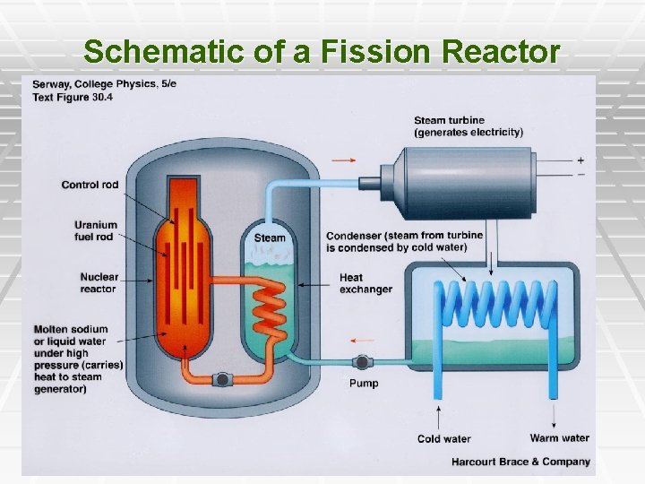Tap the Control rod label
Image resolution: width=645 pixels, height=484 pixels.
[x=90, y=186]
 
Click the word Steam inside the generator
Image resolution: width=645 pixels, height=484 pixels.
[x=270, y=238]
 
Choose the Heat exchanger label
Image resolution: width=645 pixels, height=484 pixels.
[x=365, y=283]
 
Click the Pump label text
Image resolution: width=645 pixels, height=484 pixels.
[x=363, y=384]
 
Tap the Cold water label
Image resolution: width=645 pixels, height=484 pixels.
[x=443, y=439]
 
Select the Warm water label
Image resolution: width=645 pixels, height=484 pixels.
[x=559, y=438]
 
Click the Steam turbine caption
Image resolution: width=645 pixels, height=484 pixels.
[x=468, y=126]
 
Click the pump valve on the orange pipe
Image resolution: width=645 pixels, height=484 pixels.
[x=220, y=380]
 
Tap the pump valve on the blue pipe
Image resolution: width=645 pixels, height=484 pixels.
[x=361, y=363]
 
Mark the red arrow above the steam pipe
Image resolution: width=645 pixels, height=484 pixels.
[x=343, y=160]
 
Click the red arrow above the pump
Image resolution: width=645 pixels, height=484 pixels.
[x=362, y=341]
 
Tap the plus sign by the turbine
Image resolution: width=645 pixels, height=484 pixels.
[x=580, y=160]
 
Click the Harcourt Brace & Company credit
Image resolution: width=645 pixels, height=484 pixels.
[x=521, y=462]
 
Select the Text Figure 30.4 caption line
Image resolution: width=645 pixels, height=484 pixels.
[x=73, y=97]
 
